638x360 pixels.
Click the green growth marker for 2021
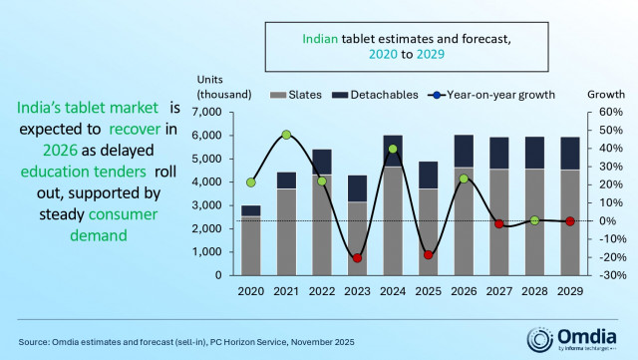coord(286,135)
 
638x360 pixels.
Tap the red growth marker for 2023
coord(357,258)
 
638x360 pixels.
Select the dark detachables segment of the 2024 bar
coord(393,151)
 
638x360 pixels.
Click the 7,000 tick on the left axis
coord(220,112)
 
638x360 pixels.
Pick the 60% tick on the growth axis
coord(609,112)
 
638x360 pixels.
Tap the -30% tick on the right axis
coord(608,275)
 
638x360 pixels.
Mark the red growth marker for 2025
coord(429,254)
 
